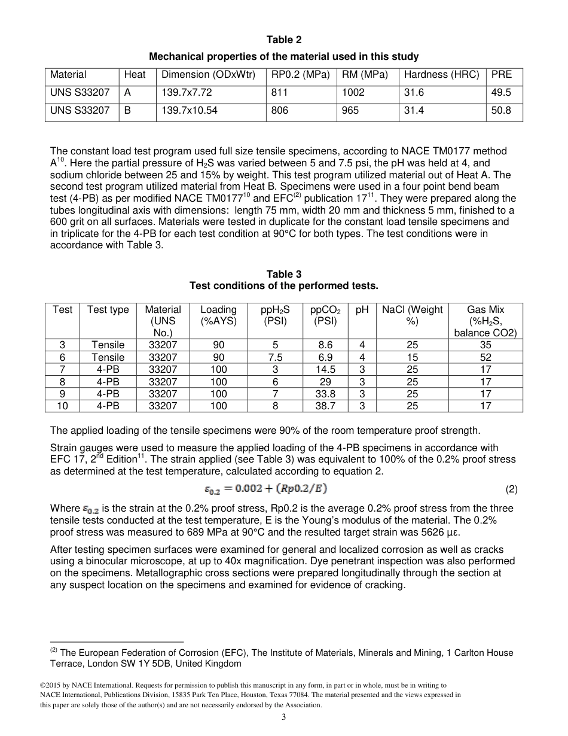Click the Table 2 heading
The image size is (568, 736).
click(284, 40)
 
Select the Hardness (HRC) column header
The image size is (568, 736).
click(441, 75)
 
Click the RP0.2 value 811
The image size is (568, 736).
click(279, 93)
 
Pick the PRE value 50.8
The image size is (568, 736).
click(501, 111)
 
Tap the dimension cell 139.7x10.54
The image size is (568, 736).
click(190, 111)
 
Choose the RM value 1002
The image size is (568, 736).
click(353, 93)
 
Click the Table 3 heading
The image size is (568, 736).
click(284, 275)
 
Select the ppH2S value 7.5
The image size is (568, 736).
click(275, 357)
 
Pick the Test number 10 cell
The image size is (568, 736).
click(62, 406)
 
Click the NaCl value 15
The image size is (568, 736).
click(412, 357)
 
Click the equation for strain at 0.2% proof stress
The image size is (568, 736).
click(266, 489)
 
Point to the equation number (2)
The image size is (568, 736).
click(511, 489)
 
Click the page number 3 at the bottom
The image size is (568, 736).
click(284, 717)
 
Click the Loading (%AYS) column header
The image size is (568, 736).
click(218, 315)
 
